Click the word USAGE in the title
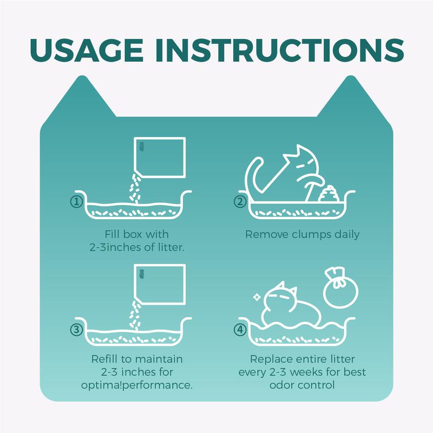87,50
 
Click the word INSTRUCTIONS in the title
279,50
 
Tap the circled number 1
76,202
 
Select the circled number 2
240,202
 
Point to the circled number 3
76,330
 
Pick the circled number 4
240,330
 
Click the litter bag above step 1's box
160,157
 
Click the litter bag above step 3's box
160,285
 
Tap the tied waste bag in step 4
340,287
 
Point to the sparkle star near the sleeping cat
257,297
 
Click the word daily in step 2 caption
347,235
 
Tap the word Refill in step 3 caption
106,359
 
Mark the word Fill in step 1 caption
112,234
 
